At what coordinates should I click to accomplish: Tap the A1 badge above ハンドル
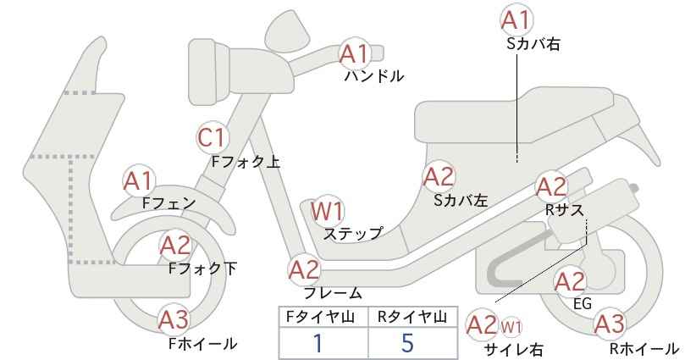coord(355,54)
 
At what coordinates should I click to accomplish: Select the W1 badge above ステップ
coord(327,210)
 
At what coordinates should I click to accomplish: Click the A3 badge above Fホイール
coord(174,319)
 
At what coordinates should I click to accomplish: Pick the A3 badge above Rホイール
coord(610,324)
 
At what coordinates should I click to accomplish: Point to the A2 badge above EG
coord(571,282)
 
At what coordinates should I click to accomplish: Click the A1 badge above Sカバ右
coord(516,19)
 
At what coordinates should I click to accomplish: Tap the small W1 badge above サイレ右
coord(511,328)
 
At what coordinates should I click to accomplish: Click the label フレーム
coord(333,292)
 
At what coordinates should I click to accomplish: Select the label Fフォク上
coord(246,162)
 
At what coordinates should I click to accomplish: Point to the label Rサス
coord(564,209)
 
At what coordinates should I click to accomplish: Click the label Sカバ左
coord(461,200)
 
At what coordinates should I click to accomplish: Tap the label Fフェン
coord(168,202)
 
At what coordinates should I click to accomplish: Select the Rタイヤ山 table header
coord(412,317)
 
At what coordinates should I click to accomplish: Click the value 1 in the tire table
coord(318,343)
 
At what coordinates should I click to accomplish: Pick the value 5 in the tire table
coord(407,343)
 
